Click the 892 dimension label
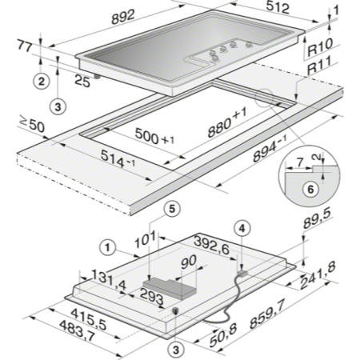pyautogui.click(x=123, y=17)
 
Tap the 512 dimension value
pyautogui.click(x=278, y=7)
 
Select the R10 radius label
pyautogui.click(x=320, y=47)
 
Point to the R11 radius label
pyautogui.click(x=319, y=66)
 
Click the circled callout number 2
pyautogui.click(x=42, y=81)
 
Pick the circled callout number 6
pyautogui.click(x=310, y=189)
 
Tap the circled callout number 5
pyautogui.click(x=172, y=209)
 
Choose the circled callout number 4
pyautogui.click(x=242, y=229)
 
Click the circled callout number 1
pyautogui.click(x=107, y=248)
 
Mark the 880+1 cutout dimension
pyautogui.click(x=227, y=123)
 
